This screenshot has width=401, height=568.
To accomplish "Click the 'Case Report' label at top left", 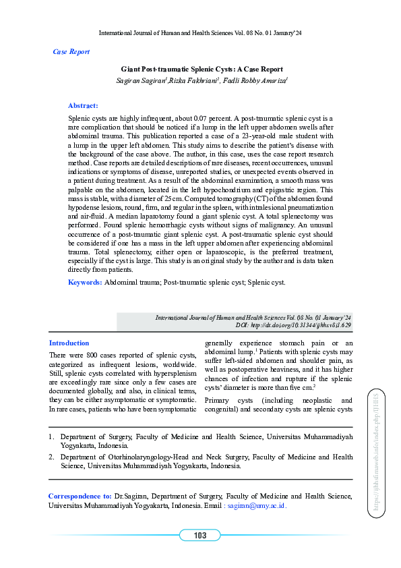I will pyautogui.click(x=71, y=52).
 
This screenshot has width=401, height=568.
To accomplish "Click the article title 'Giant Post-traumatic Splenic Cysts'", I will pyautogui.click(x=202, y=69).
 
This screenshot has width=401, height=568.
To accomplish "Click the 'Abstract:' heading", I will pyautogui.click(x=83, y=105).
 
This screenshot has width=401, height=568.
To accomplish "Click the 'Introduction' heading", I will pyautogui.click(x=69, y=343).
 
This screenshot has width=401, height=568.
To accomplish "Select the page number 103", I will pyautogui.click(x=199, y=536).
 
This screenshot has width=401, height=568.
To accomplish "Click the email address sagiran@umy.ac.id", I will pyautogui.click(x=256, y=505).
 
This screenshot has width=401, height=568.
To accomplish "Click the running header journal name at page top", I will pyautogui.click(x=200, y=32).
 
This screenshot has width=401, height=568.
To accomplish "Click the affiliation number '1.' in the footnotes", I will pyautogui.click(x=51, y=437).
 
